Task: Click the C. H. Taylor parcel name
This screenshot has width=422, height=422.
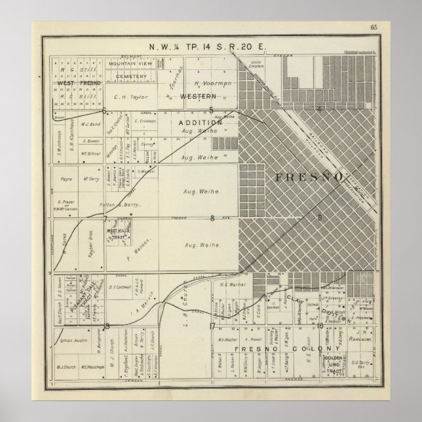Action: (128, 96)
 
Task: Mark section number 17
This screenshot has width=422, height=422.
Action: (212, 325)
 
